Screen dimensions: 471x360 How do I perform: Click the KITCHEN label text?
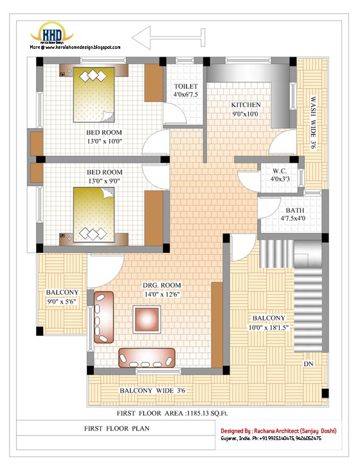tap(246, 105)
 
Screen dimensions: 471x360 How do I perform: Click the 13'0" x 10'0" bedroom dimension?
tap(104, 141)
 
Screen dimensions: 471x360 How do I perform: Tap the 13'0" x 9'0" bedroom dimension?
tap(104, 181)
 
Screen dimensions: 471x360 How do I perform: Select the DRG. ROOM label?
tap(162, 285)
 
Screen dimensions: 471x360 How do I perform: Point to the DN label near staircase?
tap(309, 364)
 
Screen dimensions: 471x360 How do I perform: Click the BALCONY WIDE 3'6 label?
tap(153, 391)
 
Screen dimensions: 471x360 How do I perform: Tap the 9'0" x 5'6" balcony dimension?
tap(62, 301)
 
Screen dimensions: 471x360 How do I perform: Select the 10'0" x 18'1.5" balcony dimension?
tap(269, 328)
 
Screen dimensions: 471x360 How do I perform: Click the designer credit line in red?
tap(278, 430)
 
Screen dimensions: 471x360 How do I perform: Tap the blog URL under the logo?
tap(75, 47)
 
